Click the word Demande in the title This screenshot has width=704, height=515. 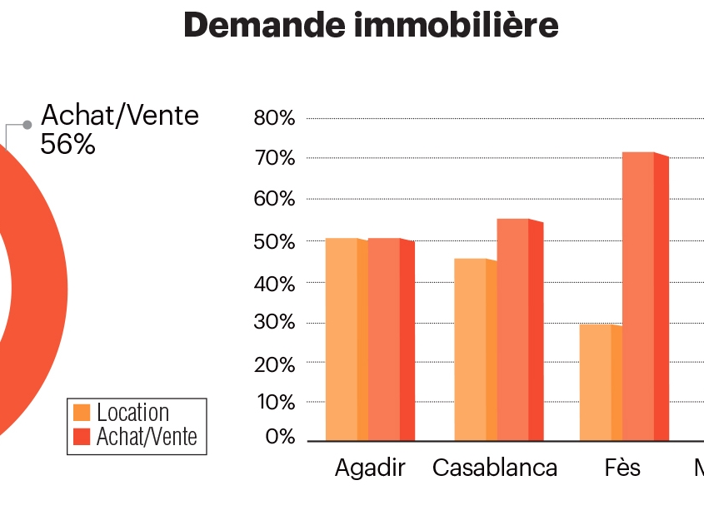point(263,26)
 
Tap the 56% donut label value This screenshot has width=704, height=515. point(68,144)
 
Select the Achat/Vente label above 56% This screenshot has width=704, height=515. point(121,115)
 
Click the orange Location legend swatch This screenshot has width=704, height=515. point(82,413)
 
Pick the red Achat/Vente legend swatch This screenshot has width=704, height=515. point(82,436)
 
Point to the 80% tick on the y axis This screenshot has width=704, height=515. point(275,118)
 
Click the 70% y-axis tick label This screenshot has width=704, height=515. point(275,158)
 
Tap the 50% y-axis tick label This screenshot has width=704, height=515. point(275,242)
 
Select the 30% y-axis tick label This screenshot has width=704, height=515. point(275,323)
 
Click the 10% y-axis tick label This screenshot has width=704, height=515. point(275,403)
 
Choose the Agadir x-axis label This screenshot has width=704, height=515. point(370,468)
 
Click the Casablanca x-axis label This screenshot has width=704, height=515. point(495,468)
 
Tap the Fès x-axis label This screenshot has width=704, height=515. point(622,468)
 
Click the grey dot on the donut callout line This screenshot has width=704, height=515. point(27,125)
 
